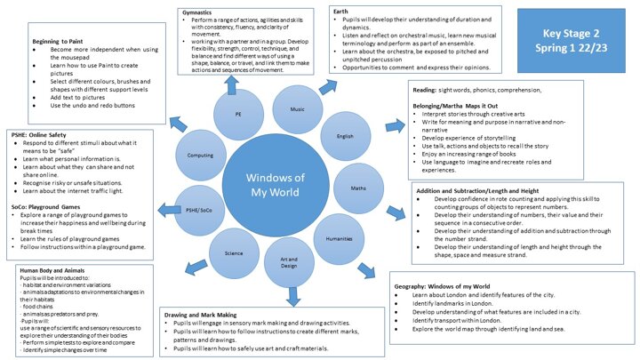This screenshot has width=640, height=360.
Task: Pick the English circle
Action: (x=344, y=136)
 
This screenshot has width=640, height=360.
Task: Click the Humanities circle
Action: (x=339, y=239)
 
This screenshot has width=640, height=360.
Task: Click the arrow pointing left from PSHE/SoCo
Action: (x=168, y=207)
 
